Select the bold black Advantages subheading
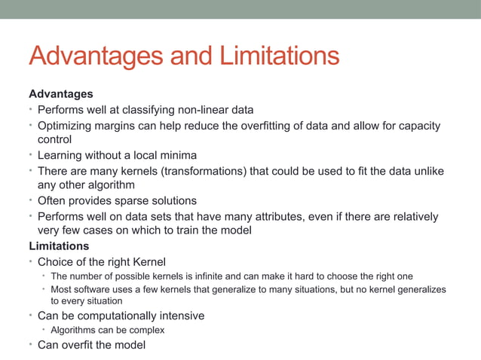click(x=61, y=94)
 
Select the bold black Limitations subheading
click(x=59, y=246)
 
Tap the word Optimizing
click(x=66, y=126)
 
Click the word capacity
click(x=418, y=126)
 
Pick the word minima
click(x=170, y=155)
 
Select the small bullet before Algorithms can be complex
click(x=44, y=330)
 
